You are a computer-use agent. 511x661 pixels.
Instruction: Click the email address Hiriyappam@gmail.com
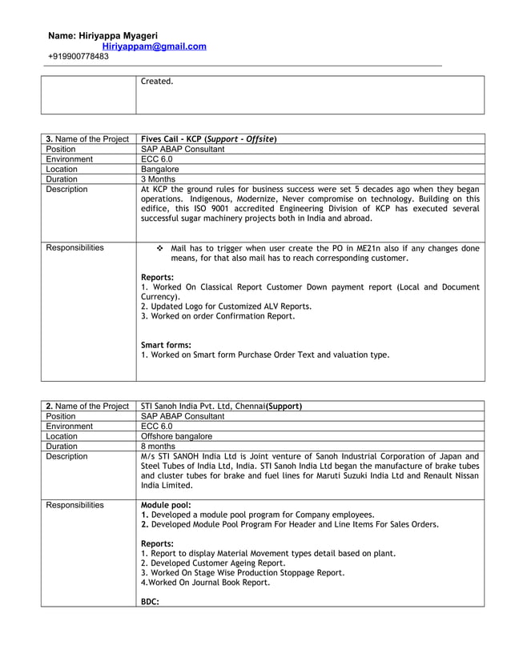(x=154, y=46)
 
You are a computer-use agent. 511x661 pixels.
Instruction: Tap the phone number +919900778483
(x=78, y=57)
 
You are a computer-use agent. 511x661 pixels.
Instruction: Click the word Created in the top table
(x=156, y=82)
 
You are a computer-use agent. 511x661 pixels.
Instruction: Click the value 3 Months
(x=159, y=179)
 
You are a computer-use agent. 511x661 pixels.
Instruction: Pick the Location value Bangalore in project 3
(x=160, y=170)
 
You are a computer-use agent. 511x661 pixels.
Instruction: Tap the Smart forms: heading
(x=166, y=345)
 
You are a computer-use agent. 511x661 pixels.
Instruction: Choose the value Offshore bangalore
(x=176, y=436)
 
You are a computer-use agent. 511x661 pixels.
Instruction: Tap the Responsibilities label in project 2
(x=74, y=505)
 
